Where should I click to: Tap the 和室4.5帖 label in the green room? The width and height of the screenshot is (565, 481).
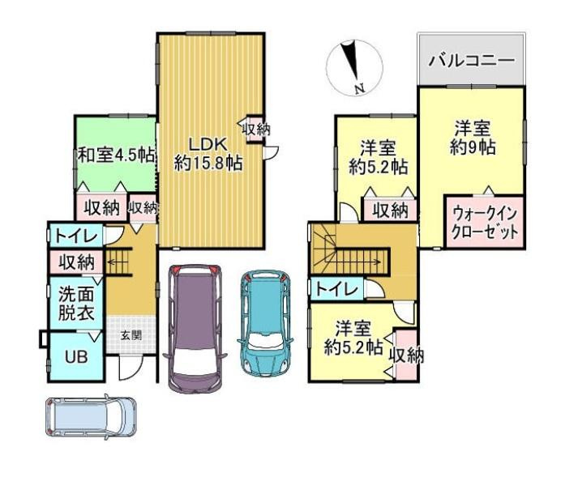coord(117,155)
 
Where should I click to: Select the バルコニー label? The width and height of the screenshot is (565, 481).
coord(471,61)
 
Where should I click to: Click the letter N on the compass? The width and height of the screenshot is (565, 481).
coord(359,88)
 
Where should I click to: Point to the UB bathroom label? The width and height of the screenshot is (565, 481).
coord(76,357)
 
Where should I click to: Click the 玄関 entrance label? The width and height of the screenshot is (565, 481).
coord(131,335)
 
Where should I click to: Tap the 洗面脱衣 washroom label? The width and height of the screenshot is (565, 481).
coord(76,304)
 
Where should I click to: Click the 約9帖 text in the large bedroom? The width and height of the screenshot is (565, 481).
coord(473,147)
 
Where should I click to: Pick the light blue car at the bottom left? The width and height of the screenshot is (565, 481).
coord(91,417)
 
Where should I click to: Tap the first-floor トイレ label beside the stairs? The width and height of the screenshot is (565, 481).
coord(76,236)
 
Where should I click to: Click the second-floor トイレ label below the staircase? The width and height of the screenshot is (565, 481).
coord(337,289)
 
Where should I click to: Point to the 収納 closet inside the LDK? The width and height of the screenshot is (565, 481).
coord(256,130)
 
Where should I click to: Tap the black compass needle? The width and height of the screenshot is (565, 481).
coord(351,60)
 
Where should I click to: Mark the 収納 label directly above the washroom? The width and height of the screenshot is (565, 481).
coord(77,262)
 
